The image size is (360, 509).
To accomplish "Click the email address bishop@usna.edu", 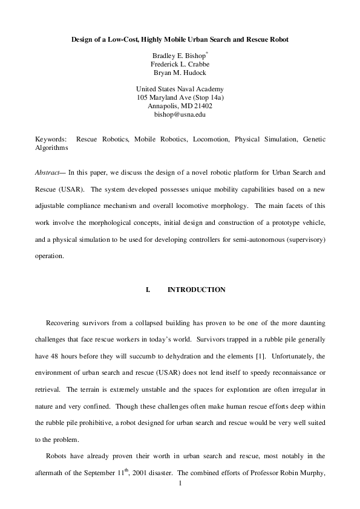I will point(180,114).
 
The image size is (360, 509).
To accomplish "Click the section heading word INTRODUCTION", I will point(196,290).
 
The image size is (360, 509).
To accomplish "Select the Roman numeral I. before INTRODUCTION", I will point(148,290).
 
